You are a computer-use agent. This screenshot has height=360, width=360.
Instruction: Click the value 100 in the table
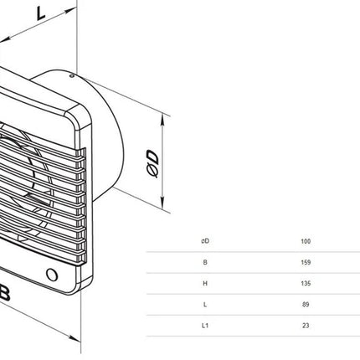(x=306, y=241)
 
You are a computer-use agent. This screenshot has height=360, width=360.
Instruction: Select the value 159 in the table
(x=306, y=262)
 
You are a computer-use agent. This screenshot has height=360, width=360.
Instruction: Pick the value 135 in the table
(x=306, y=283)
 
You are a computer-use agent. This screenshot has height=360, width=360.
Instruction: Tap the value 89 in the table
(x=306, y=304)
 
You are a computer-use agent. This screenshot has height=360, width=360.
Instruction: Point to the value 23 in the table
(x=306, y=326)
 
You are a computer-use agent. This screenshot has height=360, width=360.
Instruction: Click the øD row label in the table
(x=205, y=241)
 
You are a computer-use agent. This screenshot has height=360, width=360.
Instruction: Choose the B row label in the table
(x=205, y=262)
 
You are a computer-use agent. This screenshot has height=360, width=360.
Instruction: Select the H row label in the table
(x=205, y=283)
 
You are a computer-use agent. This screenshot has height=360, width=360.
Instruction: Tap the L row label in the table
(x=205, y=304)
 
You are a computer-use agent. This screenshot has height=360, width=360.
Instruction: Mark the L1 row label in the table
(x=205, y=326)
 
